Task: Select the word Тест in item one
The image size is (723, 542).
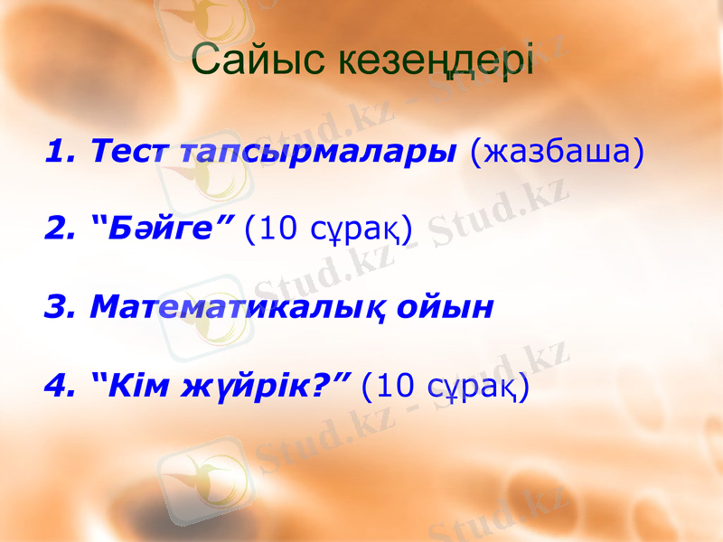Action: pyautogui.click(x=132, y=151)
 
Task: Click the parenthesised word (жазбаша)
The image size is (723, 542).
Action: pyautogui.click(x=558, y=151)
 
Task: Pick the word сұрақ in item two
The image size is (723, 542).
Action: pyautogui.click(x=356, y=231)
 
